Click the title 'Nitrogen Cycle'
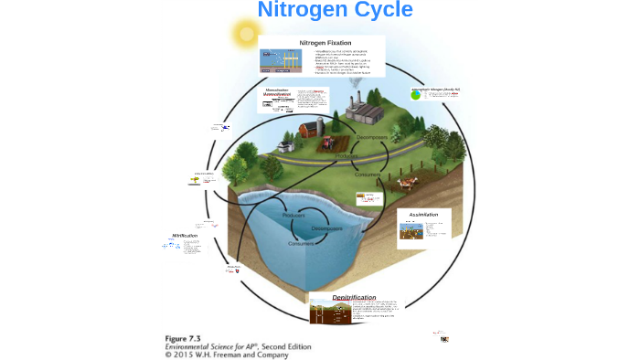tap(335, 10)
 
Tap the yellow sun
tap(246, 34)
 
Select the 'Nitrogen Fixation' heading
tap(325, 43)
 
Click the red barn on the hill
tap(312, 129)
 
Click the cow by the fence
tap(403, 183)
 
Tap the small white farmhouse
tap(285, 145)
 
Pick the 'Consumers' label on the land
tap(368, 175)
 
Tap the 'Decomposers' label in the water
tap(326, 228)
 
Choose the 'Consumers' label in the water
tap(301, 244)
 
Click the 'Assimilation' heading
tap(423, 215)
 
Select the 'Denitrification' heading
tap(354, 298)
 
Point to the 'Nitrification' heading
tap(185, 236)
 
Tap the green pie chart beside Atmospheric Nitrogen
tap(416, 94)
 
